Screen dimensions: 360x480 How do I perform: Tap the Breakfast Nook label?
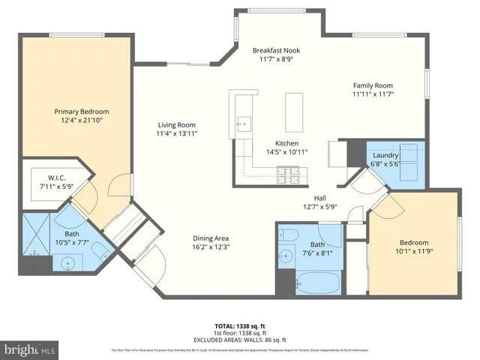tap(276, 50)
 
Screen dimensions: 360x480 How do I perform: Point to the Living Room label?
tap(176, 125)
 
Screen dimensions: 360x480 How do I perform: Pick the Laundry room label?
tap(384, 155)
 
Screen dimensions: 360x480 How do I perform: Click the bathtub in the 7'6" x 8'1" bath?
tap(318, 283)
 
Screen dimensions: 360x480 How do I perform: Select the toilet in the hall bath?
tap(289, 236)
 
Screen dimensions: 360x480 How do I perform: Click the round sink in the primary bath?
tap(71, 263)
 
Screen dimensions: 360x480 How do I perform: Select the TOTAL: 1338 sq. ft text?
tap(239, 325)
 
